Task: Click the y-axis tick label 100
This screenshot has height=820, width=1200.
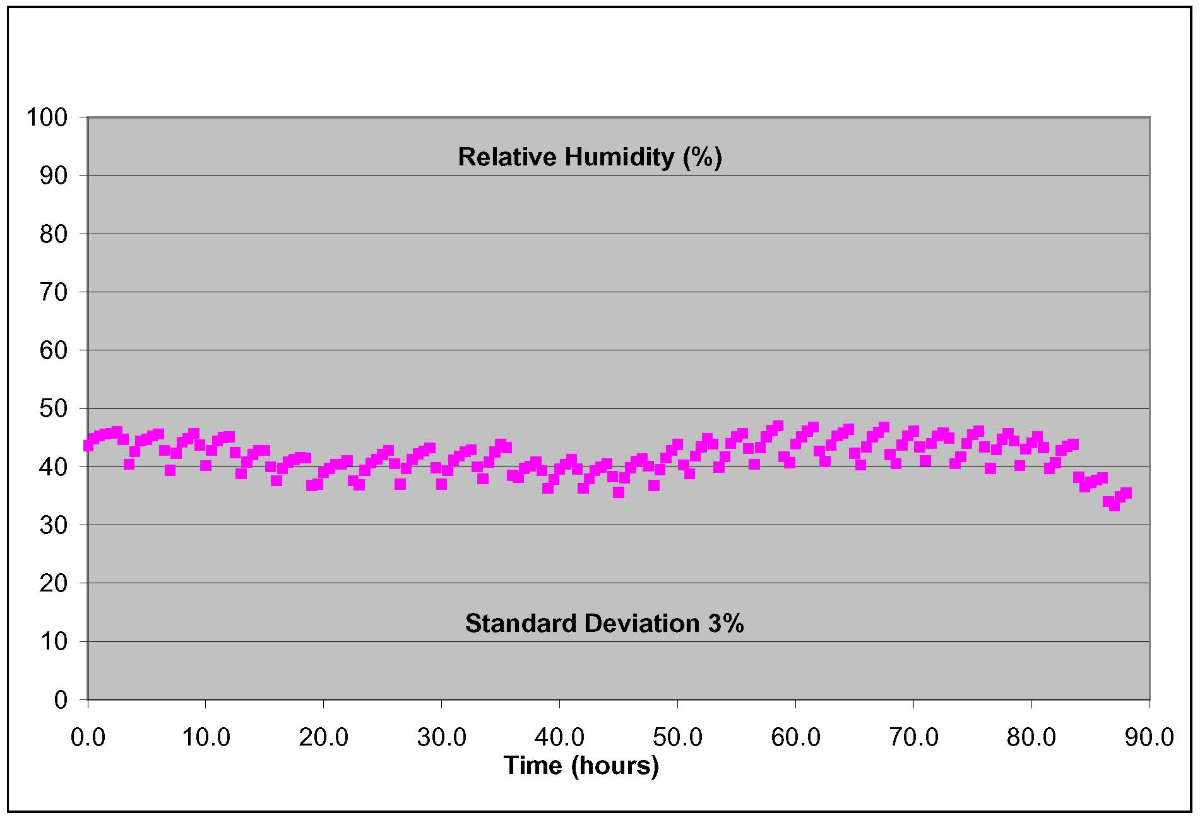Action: pyautogui.click(x=46, y=117)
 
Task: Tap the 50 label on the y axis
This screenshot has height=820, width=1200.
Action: pyautogui.click(x=53, y=409)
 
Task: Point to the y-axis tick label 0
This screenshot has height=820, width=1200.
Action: pyautogui.click(x=61, y=700)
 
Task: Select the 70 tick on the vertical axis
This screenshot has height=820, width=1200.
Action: pyautogui.click(x=53, y=292)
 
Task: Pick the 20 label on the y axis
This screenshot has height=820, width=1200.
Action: pyautogui.click(x=53, y=583)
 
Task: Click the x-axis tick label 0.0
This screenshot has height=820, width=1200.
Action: pyautogui.click(x=88, y=737)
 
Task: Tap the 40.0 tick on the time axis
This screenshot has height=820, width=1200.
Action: pyautogui.click(x=559, y=737)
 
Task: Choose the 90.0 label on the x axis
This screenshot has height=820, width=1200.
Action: pyautogui.click(x=1150, y=737)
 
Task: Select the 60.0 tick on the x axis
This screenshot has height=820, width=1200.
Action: pyautogui.click(x=795, y=737)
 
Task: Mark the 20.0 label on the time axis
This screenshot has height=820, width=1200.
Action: pyautogui.click(x=323, y=737)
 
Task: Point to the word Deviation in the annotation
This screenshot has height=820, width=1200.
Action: pyautogui.click(x=642, y=624)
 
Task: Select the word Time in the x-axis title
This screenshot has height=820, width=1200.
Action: pyautogui.click(x=533, y=766)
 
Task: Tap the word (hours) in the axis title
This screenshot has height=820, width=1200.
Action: pyautogui.click(x=615, y=766)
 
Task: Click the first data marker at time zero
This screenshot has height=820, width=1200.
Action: pyautogui.click(x=88, y=446)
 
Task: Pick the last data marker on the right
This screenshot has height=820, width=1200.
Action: pyautogui.click(x=1126, y=494)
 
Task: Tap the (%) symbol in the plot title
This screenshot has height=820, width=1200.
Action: pyautogui.click(x=702, y=157)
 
